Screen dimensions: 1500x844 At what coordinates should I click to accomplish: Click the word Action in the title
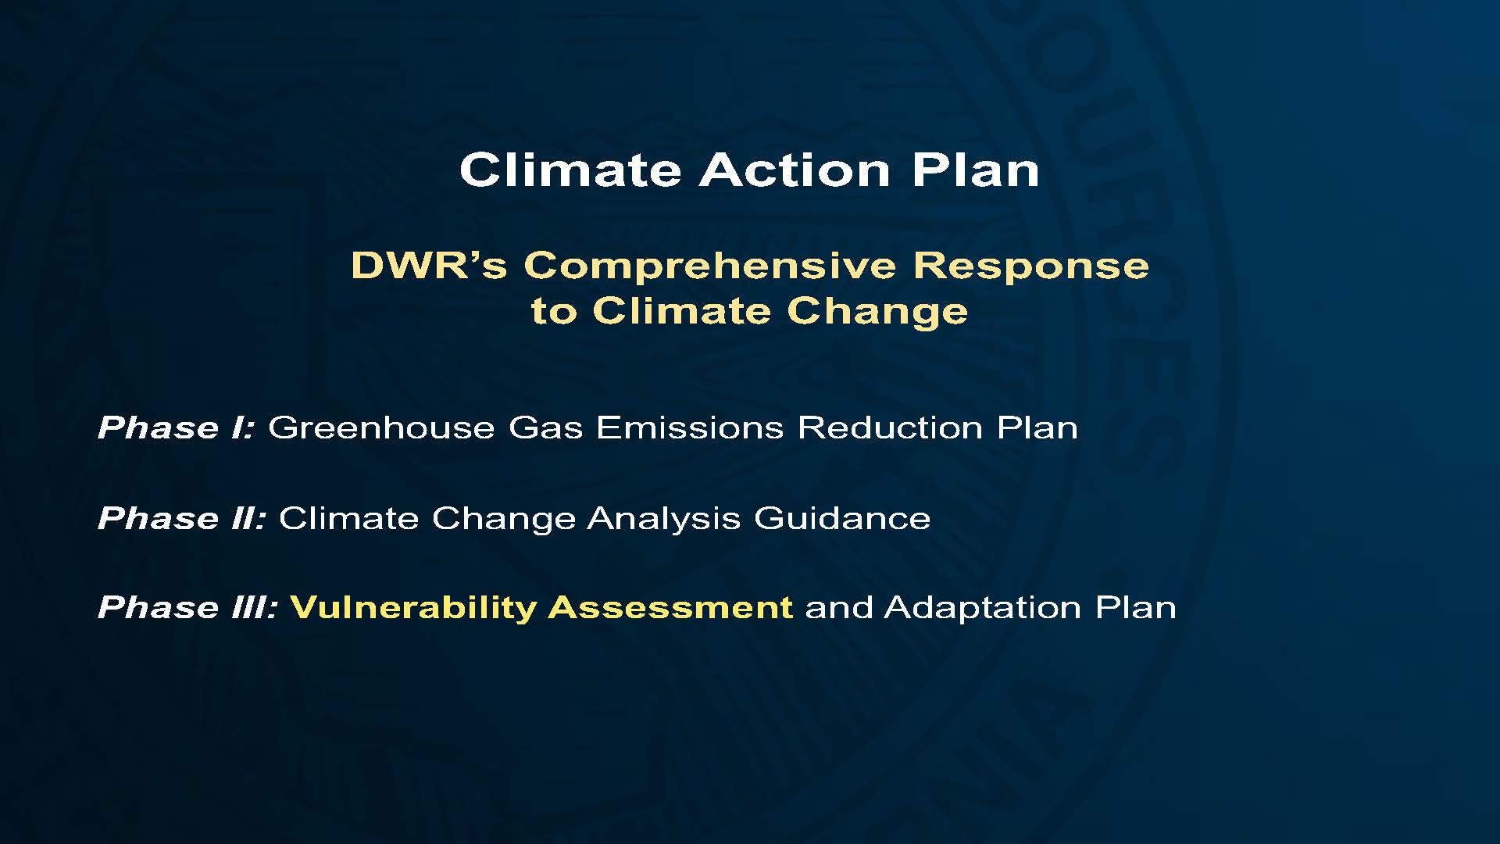pyautogui.click(x=794, y=170)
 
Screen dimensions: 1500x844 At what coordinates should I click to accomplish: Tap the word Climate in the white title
pyautogui.click(x=570, y=170)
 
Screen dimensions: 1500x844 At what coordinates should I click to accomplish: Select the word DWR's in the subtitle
pyautogui.click(x=429, y=266)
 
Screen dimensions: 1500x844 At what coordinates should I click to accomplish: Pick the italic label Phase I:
pyautogui.click(x=176, y=427)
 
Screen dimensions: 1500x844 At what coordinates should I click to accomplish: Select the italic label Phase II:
pyautogui.click(x=182, y=517)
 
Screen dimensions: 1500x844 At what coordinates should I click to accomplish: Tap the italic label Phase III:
pyautogui.click(x=187, y=607)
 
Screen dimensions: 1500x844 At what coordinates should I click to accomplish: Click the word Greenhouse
pyautogui.click(x=381, y=427)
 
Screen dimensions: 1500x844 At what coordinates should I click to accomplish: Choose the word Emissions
pyautogui.click(x=690, y=427)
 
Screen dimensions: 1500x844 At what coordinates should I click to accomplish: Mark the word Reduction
pyautogui.click(x=890, y=427)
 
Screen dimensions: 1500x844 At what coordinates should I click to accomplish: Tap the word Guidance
pyautogui.click(x=842, y=517)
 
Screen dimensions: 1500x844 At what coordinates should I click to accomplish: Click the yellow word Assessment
pyautogui.click(x=671, y=607)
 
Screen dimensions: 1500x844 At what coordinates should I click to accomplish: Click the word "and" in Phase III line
pyautogui.click(x=839, y=607)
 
